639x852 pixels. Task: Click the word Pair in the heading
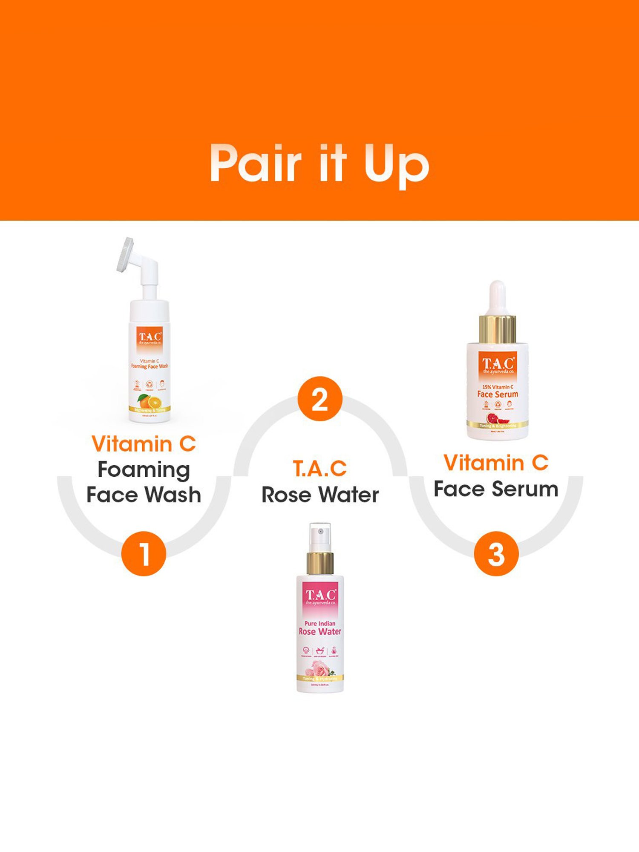[x=256, y=164]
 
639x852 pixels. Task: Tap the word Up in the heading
[x=396, y=166]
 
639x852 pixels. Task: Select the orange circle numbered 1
[x=144, y=554]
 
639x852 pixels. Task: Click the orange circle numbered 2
[x=320, y=399]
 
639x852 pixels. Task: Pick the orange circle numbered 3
[x=496, y=554]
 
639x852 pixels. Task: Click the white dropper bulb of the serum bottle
[x=497, y=296]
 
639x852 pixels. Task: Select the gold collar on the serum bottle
[x=497, y=329]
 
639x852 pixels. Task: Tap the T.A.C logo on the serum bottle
[x=498, y=364]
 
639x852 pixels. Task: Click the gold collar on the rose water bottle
[x=320, y=563]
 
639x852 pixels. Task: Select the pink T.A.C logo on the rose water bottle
[x=320, y=596]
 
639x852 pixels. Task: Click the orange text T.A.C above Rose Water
[x=319, y=469]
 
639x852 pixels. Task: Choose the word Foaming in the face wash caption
[x=144, y=470]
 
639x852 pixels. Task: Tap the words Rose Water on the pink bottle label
[x=320, y=632]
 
